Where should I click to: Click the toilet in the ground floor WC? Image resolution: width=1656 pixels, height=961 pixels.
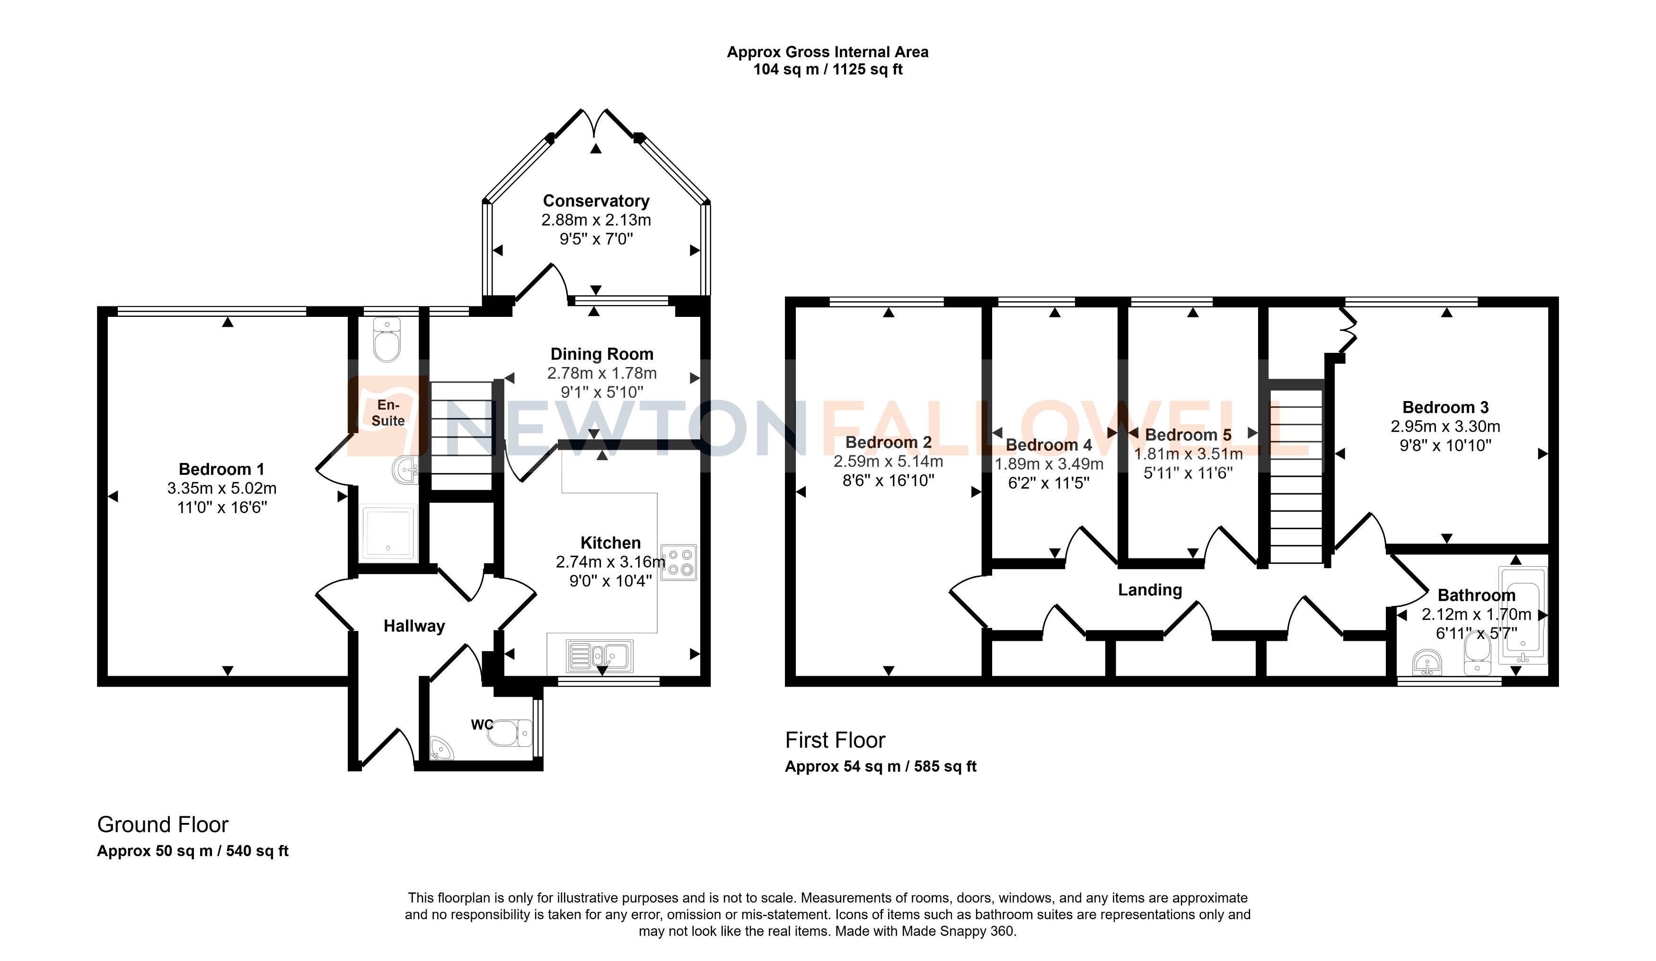coord(511,733)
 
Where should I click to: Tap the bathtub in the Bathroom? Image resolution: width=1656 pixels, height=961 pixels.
coord(1523,614)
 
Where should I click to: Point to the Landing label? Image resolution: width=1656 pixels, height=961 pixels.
coord(1149,590)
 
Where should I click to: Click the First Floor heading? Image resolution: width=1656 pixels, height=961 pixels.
coord(835,740)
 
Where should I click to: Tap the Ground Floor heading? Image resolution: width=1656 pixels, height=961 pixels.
coord(162,824)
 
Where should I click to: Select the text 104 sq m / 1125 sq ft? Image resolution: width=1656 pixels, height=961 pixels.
coord(828,70)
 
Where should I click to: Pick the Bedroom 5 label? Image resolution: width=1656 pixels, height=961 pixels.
coord(1188,435)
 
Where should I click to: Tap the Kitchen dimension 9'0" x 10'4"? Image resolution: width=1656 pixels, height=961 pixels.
coord(610,581)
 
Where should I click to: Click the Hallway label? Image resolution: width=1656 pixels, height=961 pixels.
coord(414,626)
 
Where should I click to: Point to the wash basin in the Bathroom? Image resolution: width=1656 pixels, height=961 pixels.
coord(1427,662)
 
